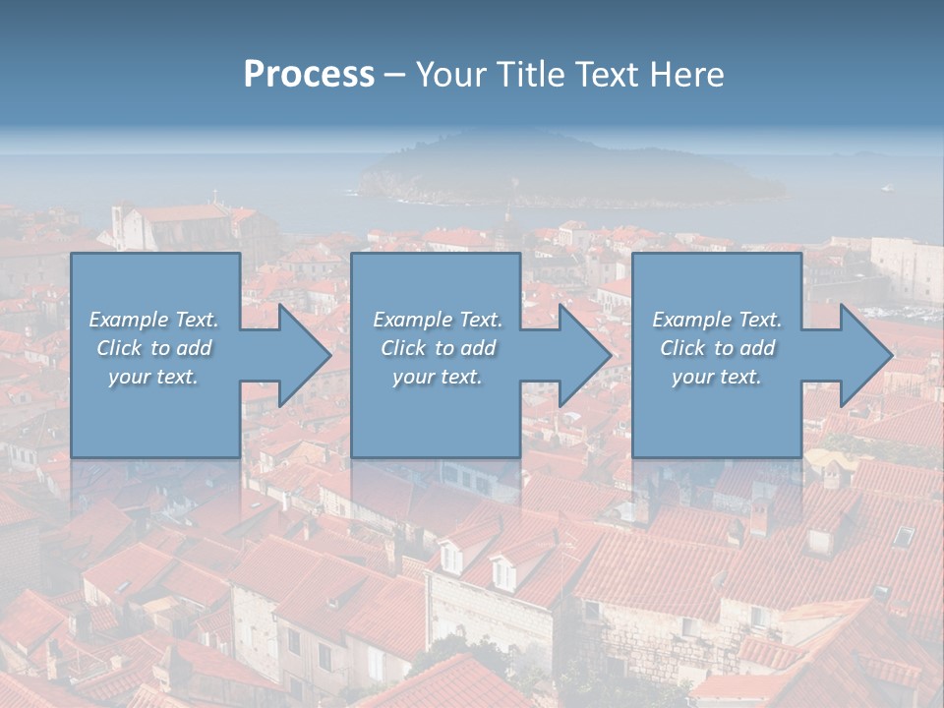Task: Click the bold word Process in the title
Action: coord(309,75)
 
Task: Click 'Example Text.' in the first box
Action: coord(153,320)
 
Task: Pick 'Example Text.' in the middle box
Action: coord(438,320)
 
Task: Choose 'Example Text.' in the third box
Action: coord(717,320)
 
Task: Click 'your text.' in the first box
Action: coord(153,377)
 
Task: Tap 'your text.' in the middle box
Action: coord(438,377)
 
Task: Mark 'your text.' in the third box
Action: coord(717,377)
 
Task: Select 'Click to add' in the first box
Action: coord(153,348)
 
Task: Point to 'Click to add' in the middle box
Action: coord(438,348)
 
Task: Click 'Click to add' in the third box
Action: coord(717,348)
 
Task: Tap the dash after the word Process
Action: coord(394,76)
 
